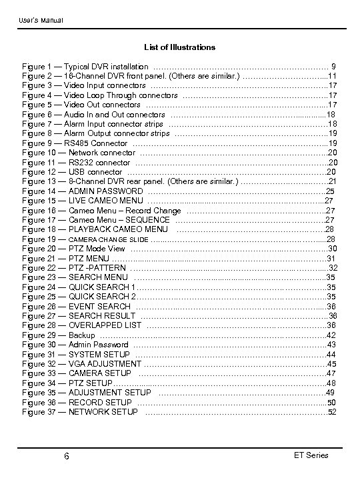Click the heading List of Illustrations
click(x=180, y=47)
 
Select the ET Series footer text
click(x=311, y=455)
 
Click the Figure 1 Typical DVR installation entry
click(x=85, y=67)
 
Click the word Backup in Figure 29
click(x=81, y=335)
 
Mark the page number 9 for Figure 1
click(x=333, y=67)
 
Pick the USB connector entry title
click(x=96, y=172)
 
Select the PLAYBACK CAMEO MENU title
click(x=118, y=229)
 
